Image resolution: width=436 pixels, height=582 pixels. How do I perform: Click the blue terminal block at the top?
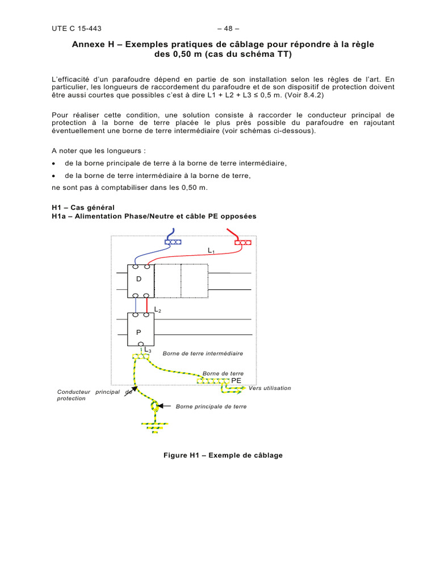pos(173,242)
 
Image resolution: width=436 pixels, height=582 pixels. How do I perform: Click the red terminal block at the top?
pos(242,243)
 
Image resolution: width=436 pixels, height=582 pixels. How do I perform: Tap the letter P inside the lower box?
pos(138,331)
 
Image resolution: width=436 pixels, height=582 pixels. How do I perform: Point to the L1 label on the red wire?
pos(211,250)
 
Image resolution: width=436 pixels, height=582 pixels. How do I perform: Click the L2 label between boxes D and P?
pos(158,310)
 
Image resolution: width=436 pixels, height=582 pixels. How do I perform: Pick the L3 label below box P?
pos(148,350)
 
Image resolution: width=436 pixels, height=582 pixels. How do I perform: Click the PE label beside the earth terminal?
pos(236,380)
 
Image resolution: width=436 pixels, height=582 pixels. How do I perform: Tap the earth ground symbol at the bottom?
pos(152,426)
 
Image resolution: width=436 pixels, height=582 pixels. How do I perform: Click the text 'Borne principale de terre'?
pos(211,407)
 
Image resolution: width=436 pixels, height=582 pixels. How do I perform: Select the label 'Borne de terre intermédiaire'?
pos(203,354)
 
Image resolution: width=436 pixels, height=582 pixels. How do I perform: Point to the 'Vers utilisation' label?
pos(270,388)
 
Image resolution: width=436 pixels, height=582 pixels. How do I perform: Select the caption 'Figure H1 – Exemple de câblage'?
pos(223,455)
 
